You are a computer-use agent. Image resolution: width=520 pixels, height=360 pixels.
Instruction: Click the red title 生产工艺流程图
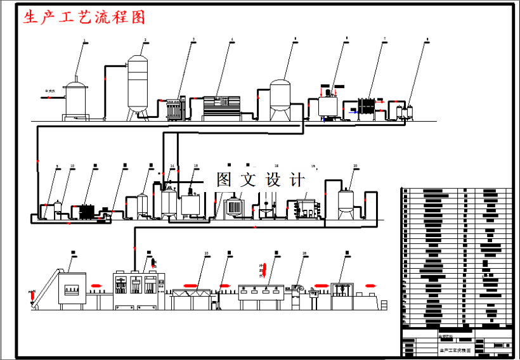(84, 18)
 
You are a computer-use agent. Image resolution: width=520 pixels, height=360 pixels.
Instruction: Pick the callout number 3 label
(193, 40)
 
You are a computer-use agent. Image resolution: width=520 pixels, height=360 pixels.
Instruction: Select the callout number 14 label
(172, 166)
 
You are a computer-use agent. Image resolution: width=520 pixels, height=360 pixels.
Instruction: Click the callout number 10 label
(72, 166)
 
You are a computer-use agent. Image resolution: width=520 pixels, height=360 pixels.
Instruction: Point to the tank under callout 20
(346, 201)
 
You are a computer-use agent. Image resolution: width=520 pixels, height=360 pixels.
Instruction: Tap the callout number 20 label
(355, 166)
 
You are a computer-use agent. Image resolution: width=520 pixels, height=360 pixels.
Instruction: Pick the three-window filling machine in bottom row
(134, 288)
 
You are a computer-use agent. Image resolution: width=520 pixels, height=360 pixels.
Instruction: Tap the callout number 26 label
(304, 254)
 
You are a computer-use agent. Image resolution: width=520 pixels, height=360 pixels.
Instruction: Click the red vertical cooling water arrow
(266, 274)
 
